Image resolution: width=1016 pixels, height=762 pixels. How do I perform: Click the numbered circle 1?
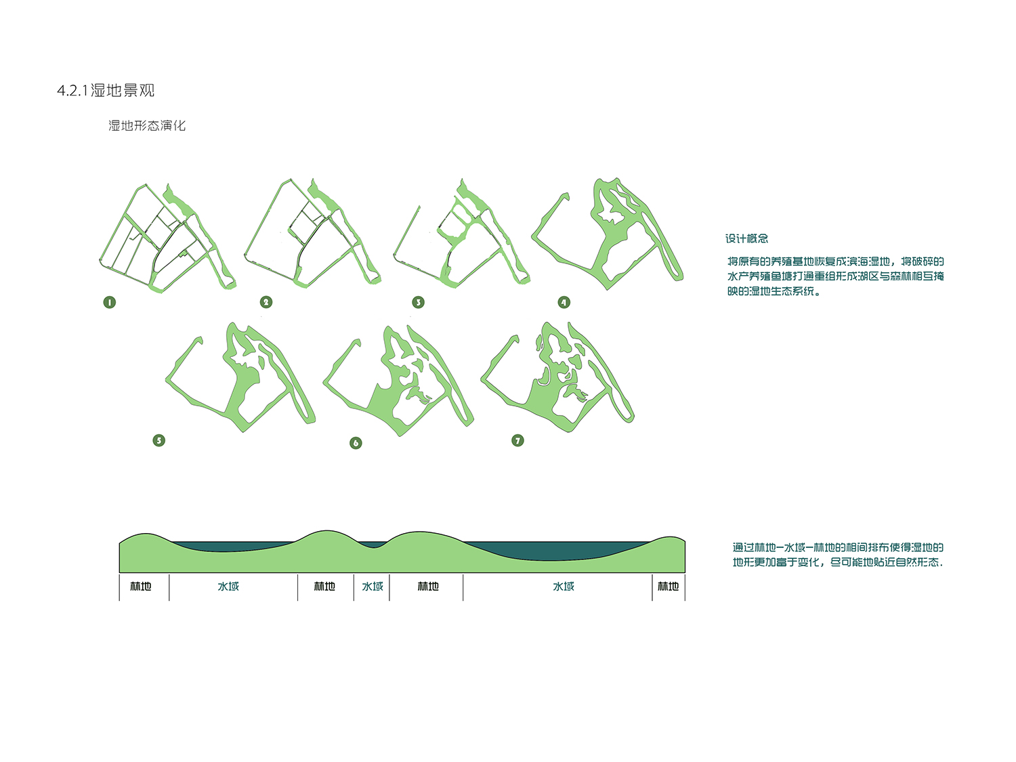coord(109,302)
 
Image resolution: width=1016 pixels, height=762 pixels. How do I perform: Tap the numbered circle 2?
coord(266,302)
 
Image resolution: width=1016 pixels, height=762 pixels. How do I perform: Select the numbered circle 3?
coord(418,302)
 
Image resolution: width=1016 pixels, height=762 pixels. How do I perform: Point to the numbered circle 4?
coord(564,302)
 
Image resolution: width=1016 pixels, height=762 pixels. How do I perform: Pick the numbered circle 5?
coord(158,440)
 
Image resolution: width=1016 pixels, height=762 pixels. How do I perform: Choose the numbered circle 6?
coord(356,443)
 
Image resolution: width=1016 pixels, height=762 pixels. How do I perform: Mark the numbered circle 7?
coord(517,440)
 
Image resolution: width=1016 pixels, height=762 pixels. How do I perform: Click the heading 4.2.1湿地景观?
coord(106,90)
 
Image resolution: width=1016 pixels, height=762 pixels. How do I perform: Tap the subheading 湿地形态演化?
coord(147,125)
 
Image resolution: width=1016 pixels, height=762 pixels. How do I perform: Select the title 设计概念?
coord(746,238)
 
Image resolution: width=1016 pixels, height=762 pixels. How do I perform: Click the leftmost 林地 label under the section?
coord(141,586)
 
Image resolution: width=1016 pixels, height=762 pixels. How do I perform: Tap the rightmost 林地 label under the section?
coord(668,586)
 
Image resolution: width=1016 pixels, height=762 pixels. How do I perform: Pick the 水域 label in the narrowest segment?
coord(372,586)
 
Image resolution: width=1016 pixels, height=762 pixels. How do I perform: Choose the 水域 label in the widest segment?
coord(564,586)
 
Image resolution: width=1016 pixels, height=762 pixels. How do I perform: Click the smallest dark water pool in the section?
coord(373,544)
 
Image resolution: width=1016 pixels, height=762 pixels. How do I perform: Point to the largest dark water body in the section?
coord(555,551)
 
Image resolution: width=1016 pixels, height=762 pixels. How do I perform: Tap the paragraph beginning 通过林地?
coord(837,555)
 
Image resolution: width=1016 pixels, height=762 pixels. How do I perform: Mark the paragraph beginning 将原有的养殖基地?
coord(835,276)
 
